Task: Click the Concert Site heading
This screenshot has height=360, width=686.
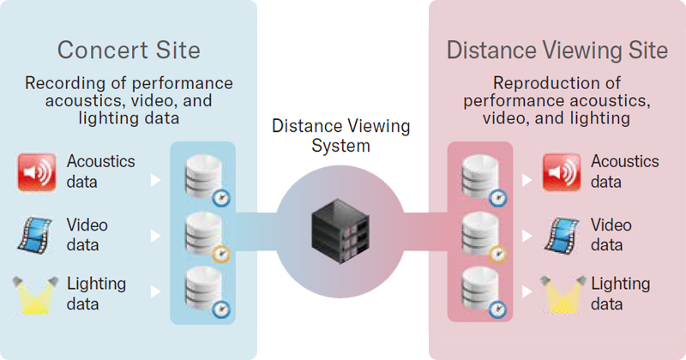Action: point(129,50)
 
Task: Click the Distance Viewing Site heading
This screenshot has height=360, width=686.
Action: point(557,50)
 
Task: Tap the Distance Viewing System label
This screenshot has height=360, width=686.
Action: point(341,135)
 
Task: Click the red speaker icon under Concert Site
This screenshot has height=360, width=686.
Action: point(36,171)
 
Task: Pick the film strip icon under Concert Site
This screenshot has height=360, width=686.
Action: point(36,234)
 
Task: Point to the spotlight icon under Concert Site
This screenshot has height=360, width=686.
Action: point(36,293)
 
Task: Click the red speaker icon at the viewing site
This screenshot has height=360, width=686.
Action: point(561,171)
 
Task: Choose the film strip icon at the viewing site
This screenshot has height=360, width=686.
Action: point(561,234)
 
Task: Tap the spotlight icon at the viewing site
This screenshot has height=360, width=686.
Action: point(561,293)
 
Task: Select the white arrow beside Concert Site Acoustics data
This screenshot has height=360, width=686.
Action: point(155,181)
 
